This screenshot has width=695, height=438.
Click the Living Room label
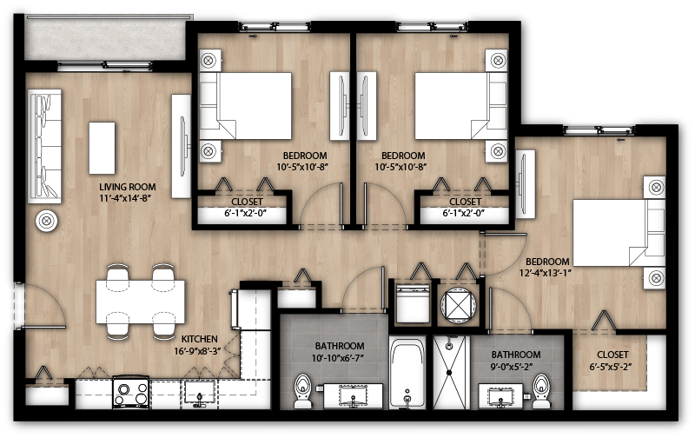pyautogui.click(x=127, y=187)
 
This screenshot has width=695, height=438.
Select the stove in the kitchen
pyautogui.click(x=131, y=392)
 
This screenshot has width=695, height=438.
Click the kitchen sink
pyautogui.click(x=200, y=393)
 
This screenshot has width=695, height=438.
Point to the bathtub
pyautogui.click(x=407, y=374)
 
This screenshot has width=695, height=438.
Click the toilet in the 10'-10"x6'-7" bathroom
pyautogui.click(x=303, y=390)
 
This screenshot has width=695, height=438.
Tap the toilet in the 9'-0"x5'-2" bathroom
pyautogui.click(x=540, y=391)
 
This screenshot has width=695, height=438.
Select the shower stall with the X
pyautogui.click(x=449, y=373)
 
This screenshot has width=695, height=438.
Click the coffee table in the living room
pyautogui.click(x=102, y=148)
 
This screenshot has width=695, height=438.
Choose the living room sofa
pyautogui.click(x=44, y=146)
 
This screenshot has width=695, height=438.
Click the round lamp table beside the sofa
pyautogui.click(x=47, y=221)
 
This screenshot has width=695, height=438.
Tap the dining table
pyautogui.click(x=141, y=302)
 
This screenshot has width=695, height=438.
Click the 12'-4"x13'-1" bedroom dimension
pyautogui.click(x=545, y=273)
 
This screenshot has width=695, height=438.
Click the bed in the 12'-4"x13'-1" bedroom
pyautogui.click(x=619, y=233)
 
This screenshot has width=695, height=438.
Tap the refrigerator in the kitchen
pyautogui.click(x=251, y=309)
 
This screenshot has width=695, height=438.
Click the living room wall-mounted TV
pyautogui.click(x=182, y=146)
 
